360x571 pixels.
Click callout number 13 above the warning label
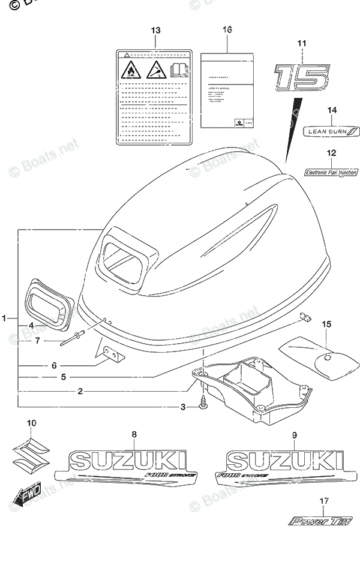pyautogui.click(x=156, y=30)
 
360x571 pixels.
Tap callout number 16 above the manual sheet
pyautogui.click(x=227, y=30)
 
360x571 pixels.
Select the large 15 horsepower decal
pyautogui.click(x=302, y=79)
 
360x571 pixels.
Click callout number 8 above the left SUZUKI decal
pyautogui.click(x=134, y=434)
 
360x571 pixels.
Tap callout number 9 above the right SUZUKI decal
pyautogui.click(x=295, y=434)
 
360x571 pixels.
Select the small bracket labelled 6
pyautogui.click(x=112, y=355)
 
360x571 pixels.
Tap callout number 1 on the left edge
pyautogui.click(x=5, y=318)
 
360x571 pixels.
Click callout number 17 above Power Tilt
pyautogui.click(x=324, y=501)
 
